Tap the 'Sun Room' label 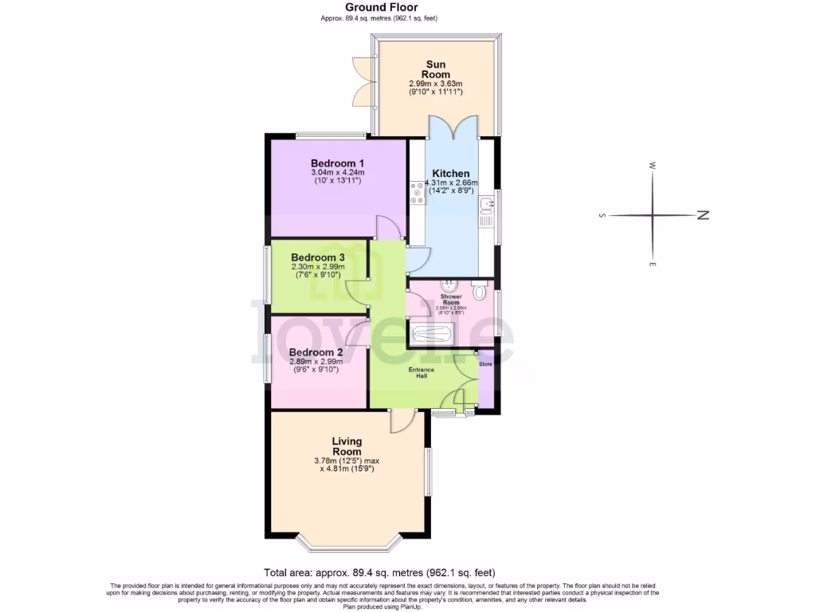(436, 69)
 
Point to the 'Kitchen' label (450, 173)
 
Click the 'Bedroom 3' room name (317, 257)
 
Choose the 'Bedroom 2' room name (316, 352)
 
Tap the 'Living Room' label (347, 446)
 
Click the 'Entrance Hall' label (422, 372)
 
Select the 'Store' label (485, 364)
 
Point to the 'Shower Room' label (451, 300)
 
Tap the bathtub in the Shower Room (431, 334)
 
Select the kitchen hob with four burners (416, 192)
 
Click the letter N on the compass (702, 215)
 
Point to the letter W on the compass (652, 166)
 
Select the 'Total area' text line (379, 572)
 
